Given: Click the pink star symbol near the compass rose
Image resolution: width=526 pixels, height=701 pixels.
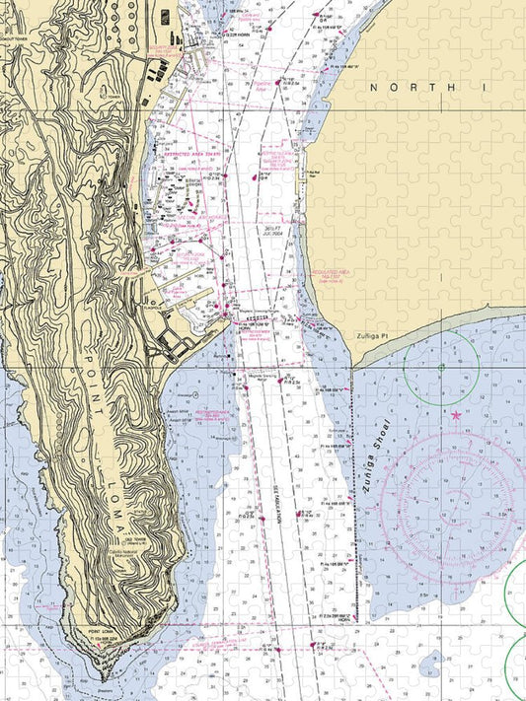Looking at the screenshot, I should click(x=456, y=416).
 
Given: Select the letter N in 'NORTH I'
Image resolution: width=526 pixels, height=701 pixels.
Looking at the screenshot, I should click(x=374, y=88).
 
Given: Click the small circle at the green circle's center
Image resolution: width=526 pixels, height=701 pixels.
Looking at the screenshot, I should click(x=441, y=369).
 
